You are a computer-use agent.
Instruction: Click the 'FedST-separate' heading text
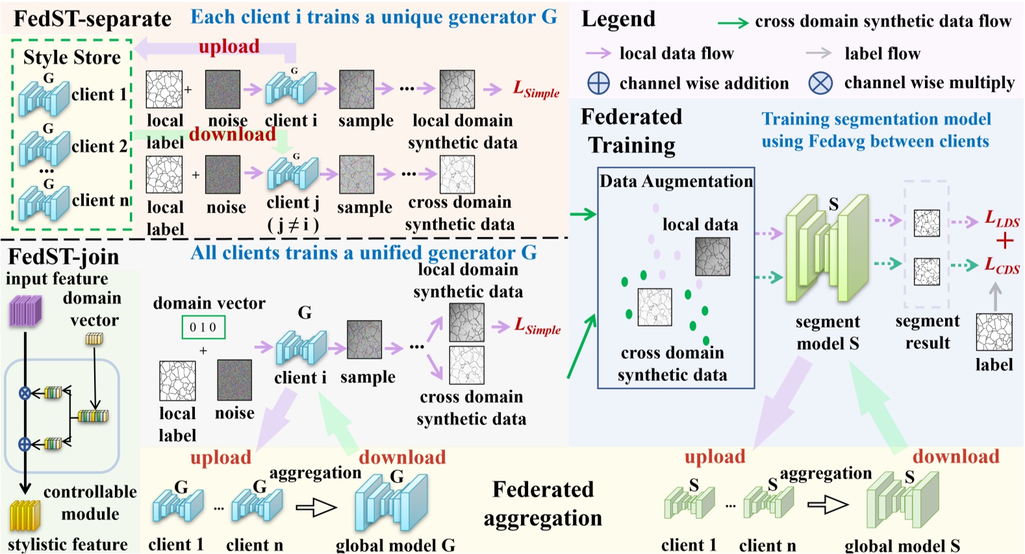click(x=92, y=19)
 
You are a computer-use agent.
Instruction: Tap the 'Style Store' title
click(x=72, y=57)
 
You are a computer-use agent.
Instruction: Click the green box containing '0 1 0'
click(x=203, y=327)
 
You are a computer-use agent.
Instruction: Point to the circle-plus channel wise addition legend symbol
click(x=598, y=83)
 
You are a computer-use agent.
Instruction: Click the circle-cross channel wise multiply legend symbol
click(x=820, y=83)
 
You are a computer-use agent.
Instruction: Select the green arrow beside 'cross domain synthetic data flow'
click(x=733, y=23)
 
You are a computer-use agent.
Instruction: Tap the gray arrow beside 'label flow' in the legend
click(x=818, y=53)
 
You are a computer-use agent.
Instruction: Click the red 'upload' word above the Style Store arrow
click(x=229, y=46)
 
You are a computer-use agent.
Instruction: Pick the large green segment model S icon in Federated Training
click(x=826, y=250)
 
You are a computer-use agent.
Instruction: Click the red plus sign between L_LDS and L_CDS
click(x=1004, y=241)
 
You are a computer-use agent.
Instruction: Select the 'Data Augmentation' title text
click(x=676, y=181)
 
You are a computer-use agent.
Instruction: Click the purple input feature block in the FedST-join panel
click(x=25, y=311)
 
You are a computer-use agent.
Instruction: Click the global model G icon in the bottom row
click(x=391, y=505)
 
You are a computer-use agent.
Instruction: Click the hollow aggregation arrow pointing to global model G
click(x=316, y=507)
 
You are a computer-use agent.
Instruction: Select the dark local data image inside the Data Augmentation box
click(x=713, y=256)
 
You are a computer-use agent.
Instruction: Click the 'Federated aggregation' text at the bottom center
click(x=542, y=503)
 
